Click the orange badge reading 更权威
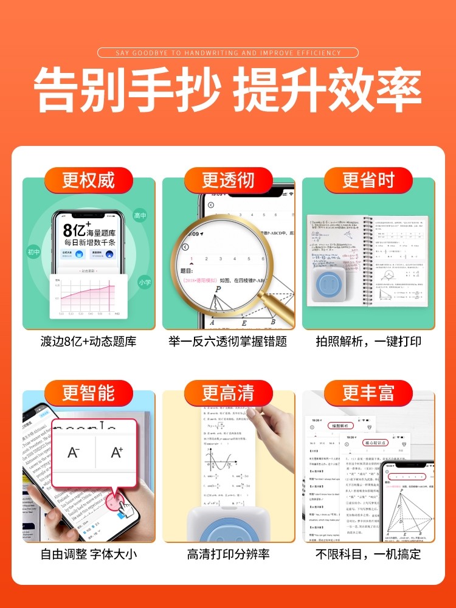coord(88,180)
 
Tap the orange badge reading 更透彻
coord(228,180)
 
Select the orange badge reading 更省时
coord(368,180)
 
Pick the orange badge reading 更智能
coord(88,393)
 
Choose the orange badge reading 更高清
coord(228,393)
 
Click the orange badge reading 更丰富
coord(368,393)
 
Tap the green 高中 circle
coord(140,216)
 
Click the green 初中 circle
coord(33,252)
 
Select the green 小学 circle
coord(143,282)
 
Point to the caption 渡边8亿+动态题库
coord(88,341)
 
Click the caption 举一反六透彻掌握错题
coord(228,341)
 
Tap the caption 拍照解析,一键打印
coord(368,341)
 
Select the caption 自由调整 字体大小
coord(88,554)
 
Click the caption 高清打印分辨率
coord(228,554)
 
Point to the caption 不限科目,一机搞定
coord(368,554)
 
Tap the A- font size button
coord(74,452)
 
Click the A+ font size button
coord(117,452)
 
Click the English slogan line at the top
coord(228,53)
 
